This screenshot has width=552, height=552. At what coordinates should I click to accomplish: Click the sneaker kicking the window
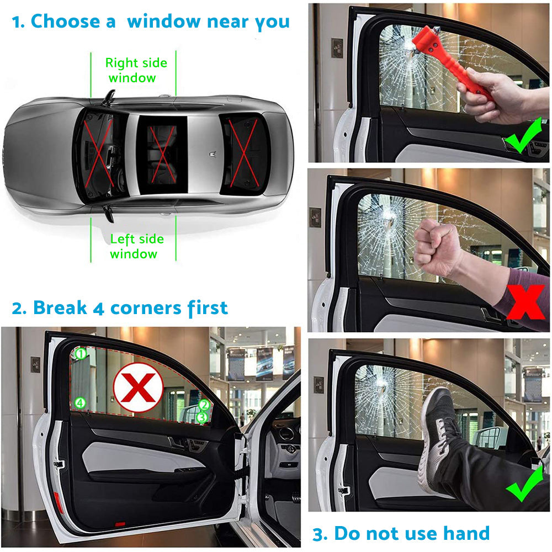(442, 436)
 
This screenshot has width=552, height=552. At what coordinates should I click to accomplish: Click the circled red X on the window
(138, 387)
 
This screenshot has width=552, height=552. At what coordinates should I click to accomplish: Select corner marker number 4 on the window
(81, 403)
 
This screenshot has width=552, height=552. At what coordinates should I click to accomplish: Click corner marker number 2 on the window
(204, 406)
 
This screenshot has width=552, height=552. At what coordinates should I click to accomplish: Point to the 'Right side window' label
(136, 70)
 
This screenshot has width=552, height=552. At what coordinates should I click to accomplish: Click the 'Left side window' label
(136, 246)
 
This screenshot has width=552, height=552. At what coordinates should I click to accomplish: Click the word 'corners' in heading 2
(146, 307)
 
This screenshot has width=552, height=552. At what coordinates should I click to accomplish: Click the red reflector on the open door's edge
(59, 502)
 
